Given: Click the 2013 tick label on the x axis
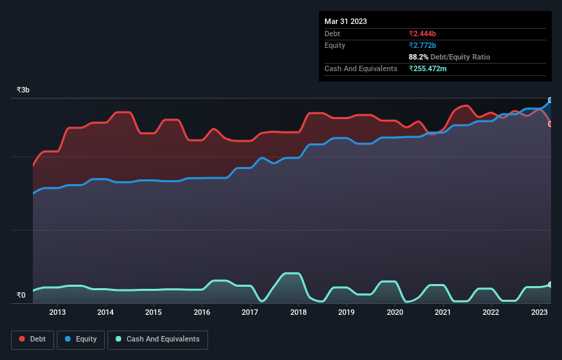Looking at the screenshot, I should pyautogui.click(x=58, y=313).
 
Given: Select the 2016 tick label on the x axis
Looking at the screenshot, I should pyautogui.click(x=202, y=313).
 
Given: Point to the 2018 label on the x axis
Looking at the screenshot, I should pyautogui.click(x=298, y=313).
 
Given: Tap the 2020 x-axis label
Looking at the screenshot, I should pyautogui.click(x=395, y=313).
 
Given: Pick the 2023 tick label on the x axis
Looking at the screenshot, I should pyautogui.click(x=539, y=313).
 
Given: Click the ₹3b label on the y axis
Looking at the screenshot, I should pyautogui.click(x=23, y=90).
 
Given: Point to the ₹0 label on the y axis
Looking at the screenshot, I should pyautogui.click(x=21, y=296).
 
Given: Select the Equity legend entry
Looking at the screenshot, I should pyautogui.click(x=81, y=339).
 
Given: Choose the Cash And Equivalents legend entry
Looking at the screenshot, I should pyautogui.click(x=157, y=339).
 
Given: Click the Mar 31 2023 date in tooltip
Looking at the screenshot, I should pyautogui.click(x=346, y=21).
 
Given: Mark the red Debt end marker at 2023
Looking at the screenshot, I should pyautogui.click(x=550, y=124).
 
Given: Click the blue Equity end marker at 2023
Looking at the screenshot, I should pyautogui.click(x=550, y=100).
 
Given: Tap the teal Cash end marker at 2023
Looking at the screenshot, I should pyautogui.click(x=550, y=284).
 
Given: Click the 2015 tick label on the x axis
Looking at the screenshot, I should pyautogui.click(x=154, y=313).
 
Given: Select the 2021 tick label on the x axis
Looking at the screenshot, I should pyautogui.click(x=443, y=313).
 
